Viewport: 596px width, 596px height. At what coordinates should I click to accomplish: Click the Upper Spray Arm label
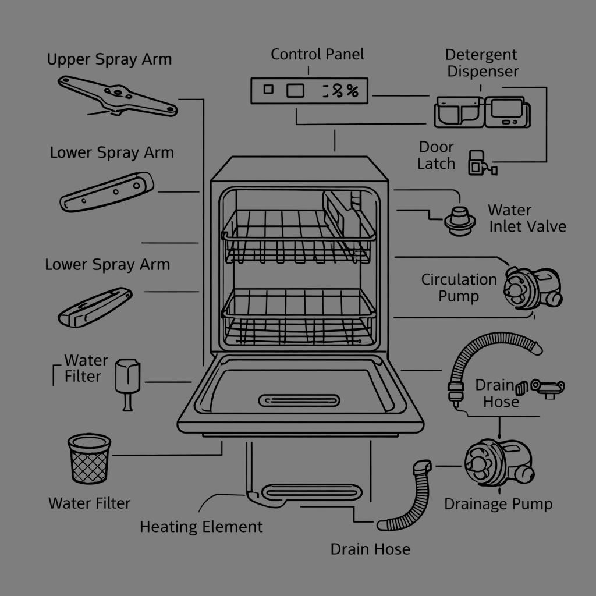(109, 59)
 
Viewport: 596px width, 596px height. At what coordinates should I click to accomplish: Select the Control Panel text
(317, 55)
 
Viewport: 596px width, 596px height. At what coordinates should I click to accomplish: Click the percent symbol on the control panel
(351, 91)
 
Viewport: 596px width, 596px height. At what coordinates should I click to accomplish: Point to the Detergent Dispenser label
(481, 63)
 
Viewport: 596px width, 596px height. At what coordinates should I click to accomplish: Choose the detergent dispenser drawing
(482, 111)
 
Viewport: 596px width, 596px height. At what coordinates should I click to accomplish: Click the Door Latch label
(436, 155)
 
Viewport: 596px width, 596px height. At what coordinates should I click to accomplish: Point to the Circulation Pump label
(459, 288)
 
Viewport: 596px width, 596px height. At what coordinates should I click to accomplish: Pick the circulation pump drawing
(530, 288)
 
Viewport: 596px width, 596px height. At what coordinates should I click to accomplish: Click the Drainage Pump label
(498, 503)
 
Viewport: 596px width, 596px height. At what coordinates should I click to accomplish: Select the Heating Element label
(201, 527)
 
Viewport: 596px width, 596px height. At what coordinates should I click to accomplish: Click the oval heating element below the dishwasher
(308, 492)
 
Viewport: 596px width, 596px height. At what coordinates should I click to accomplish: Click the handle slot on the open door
(299, 400)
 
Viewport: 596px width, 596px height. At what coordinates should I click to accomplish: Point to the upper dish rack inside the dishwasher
(297, 236)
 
